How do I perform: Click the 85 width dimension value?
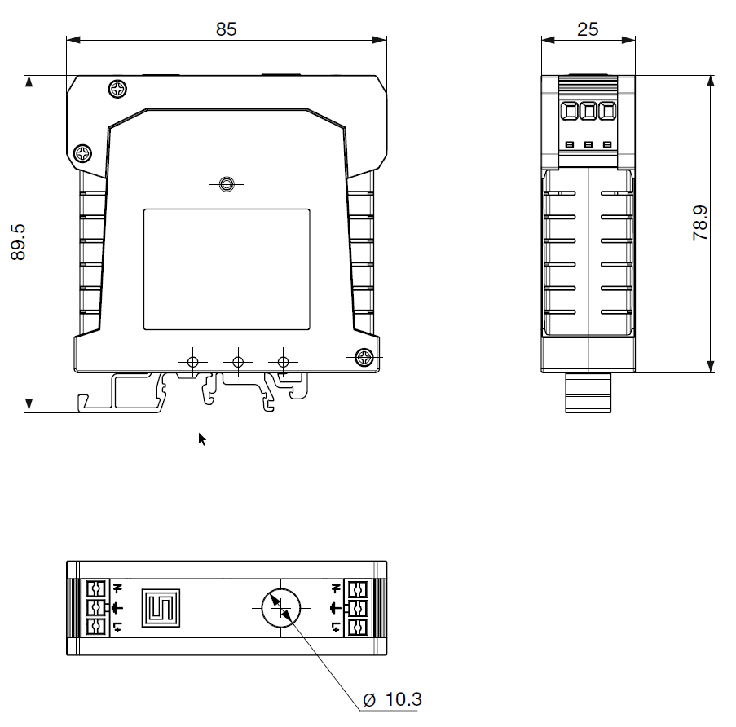pos(226,29)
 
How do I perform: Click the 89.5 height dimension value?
pos(18,242)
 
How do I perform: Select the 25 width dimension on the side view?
pos(588,29)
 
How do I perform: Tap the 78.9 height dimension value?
pos(700,223)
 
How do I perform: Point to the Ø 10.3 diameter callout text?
pos(392,699)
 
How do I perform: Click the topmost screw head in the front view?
pos(117,89)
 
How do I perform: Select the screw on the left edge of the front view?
pos(83,153)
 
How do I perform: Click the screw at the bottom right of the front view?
pos(364,358)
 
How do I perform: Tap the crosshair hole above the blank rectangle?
pos(227,184)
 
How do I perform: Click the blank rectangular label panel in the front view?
pos(227,270)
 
